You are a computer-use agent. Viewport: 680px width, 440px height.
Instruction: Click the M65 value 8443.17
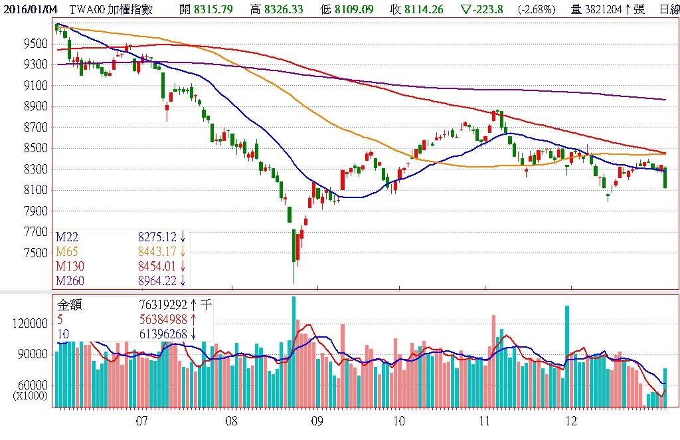157,251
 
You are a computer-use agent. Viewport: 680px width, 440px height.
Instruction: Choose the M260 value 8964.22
157,281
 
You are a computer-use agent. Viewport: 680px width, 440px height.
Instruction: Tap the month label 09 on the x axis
317,421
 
